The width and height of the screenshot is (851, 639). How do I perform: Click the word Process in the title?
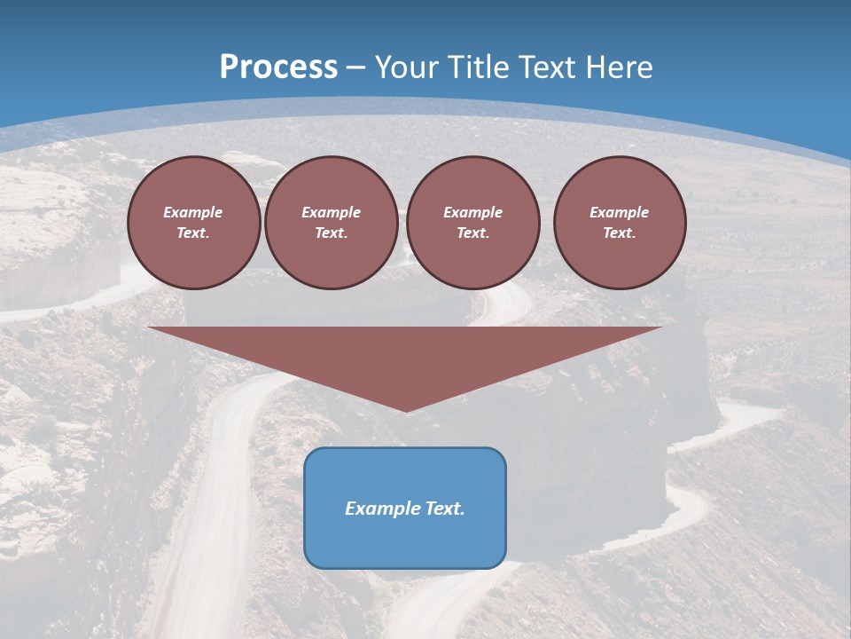[x=278, y=67]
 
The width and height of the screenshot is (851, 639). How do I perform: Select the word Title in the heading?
[x=479, y=67]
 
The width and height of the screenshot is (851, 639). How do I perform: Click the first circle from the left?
[x=194, y=223]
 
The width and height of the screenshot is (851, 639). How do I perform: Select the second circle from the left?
[x=332, y=223]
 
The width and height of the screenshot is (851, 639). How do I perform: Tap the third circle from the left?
[x=473, y=223]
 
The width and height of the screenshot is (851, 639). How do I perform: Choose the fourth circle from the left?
[x=620, y=223]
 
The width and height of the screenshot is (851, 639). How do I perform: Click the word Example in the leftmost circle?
[x=193, y=212]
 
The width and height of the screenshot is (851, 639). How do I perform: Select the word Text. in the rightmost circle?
[x=620, y=233]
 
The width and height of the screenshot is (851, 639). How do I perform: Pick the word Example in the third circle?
[x=473, y=212]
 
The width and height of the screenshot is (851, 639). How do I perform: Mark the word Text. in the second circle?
[x=332, y=233]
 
